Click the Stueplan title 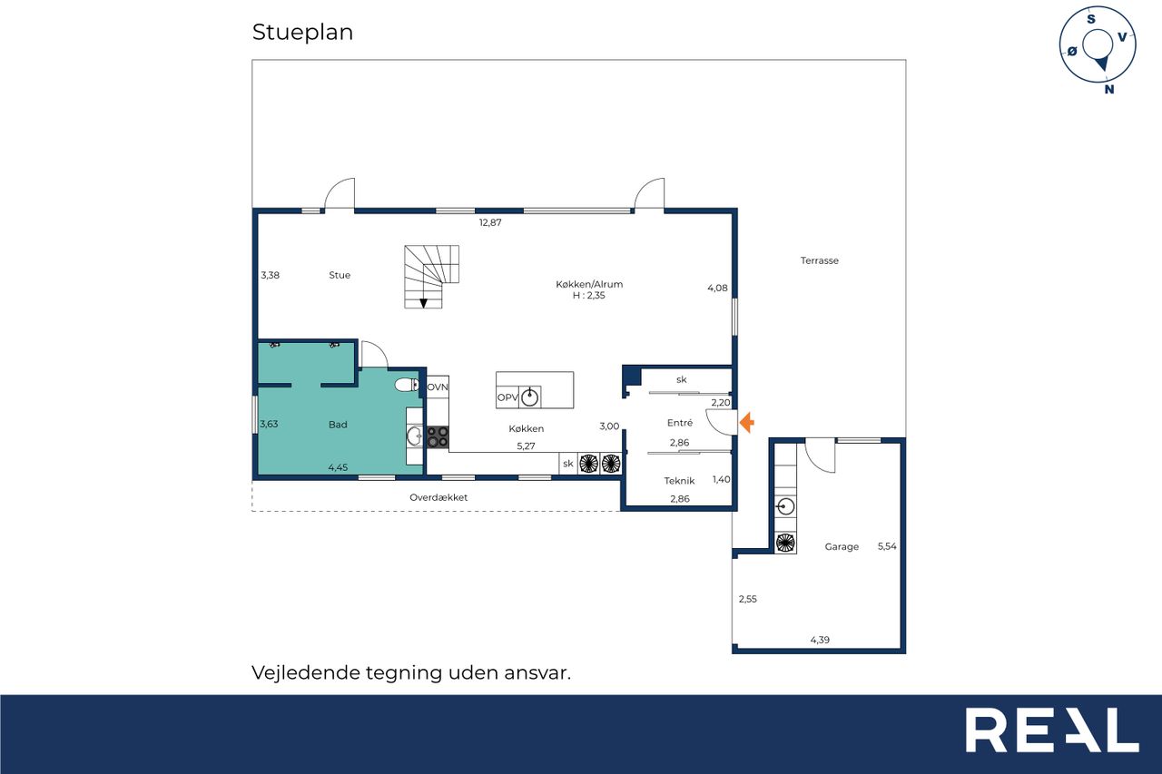pos(302,32)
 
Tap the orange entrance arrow pos(746,423)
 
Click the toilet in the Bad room pos(407,385)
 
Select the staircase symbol pos(431,277)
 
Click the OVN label pos(438,387)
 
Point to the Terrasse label pos(819,260)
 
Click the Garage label pos(842,546)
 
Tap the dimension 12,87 pos(490,222)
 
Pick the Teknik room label pos(679,481)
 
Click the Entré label pos(680,423)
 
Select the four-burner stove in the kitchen pos(438,436)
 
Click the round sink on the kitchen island pos(529,397)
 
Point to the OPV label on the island pos(507,397)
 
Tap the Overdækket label pos(438,497)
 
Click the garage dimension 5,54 pos(887,546)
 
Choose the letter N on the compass pos(1109,89)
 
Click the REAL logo pos(1052,730)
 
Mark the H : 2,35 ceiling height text pos(589,296)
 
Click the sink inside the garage pos(785,506)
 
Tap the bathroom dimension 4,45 pos(338,467)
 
